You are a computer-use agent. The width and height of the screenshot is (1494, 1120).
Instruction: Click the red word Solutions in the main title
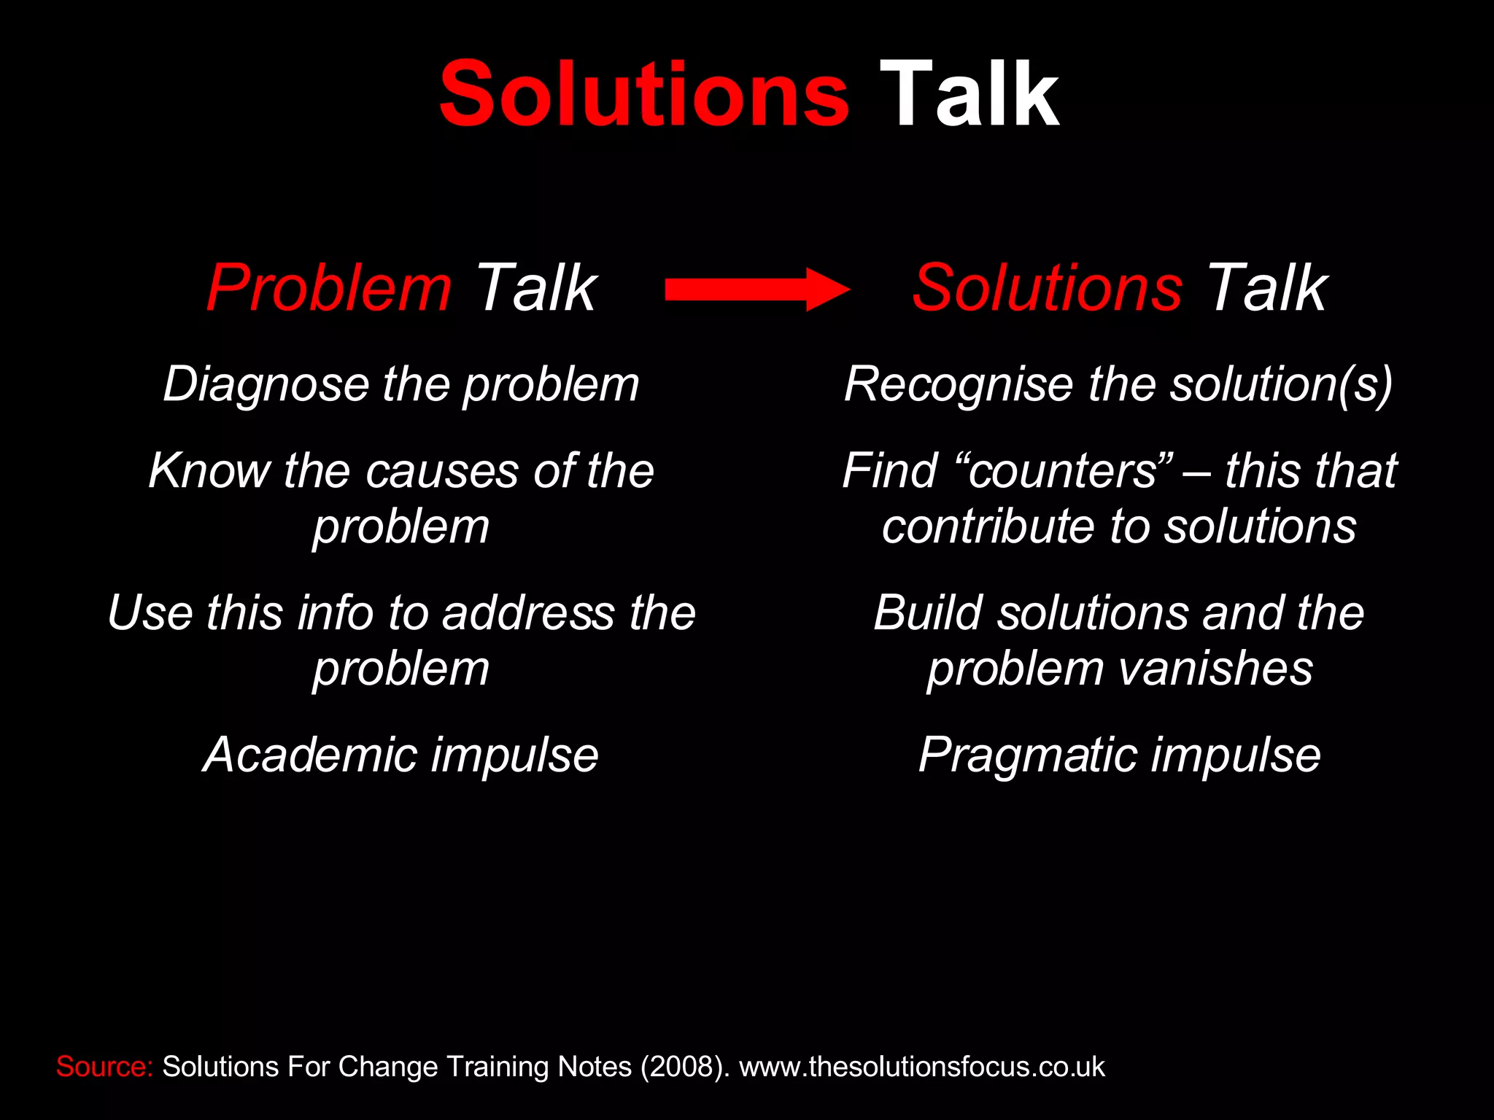[644, 95]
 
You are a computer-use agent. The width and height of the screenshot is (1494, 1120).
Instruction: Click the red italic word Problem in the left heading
[329, 288]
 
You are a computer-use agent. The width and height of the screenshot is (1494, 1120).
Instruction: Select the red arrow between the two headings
[756, 290]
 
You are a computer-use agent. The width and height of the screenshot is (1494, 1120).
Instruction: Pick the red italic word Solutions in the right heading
[1047, 288]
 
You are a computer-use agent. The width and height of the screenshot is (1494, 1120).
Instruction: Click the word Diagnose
[266, 384]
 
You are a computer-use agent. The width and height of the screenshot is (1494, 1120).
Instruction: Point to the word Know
[209, 470]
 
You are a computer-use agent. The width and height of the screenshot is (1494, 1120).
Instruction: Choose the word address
[528, 612]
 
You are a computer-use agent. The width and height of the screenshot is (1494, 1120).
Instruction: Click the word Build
[929, 612]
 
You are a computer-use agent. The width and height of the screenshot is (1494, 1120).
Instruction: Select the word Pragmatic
[1028, 755]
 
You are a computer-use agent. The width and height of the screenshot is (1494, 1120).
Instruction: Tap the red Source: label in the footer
[104, 1067]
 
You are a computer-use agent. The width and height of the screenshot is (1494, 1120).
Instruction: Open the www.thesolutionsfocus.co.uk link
[922, 1067]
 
